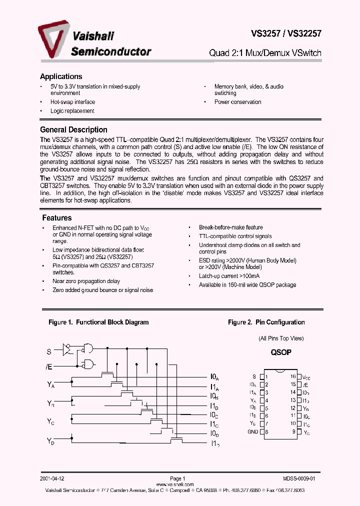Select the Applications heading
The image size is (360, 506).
pos(60,76)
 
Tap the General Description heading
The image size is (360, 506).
pos(73,129)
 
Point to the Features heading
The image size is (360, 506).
pos(56,218)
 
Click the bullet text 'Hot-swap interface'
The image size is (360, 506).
pos(72,102)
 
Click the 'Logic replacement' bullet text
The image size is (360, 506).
pos(72,111)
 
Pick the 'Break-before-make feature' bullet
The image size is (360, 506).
pos(230,227)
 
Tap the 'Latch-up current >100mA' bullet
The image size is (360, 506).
pos(229,276)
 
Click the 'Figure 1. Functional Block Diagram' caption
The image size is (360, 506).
pos(98,322)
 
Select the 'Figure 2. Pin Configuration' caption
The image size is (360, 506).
pos(266,322)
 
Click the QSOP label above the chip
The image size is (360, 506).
pos(281,352)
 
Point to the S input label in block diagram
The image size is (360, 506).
pos(49,352)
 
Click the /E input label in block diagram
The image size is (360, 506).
pos(49,367)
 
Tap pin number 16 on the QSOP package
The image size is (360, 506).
pos(293,376)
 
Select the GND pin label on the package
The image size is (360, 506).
pos(252,432)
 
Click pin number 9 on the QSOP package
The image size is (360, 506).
pos(294,432)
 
